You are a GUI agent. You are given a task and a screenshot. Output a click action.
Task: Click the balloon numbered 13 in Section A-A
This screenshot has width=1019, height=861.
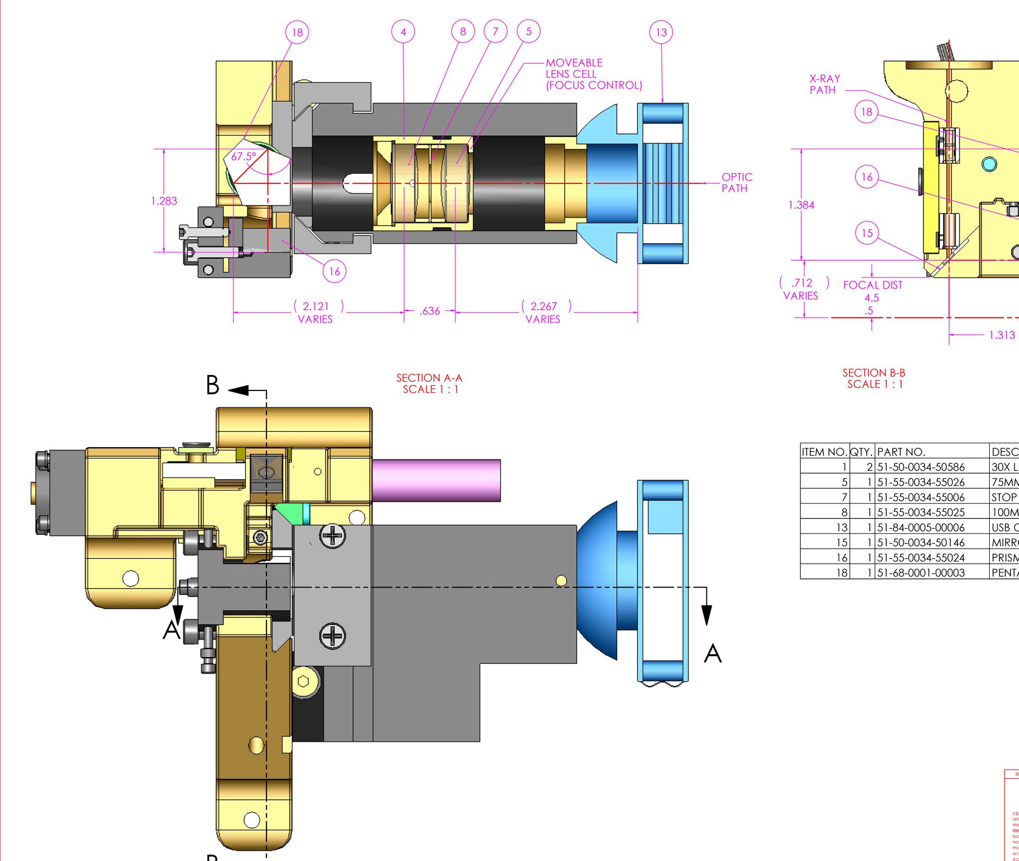point(661,32)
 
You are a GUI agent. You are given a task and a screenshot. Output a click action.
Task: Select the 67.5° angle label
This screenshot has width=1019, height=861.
point(244,157)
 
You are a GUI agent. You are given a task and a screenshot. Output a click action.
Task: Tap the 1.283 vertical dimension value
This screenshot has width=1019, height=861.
point(164,201)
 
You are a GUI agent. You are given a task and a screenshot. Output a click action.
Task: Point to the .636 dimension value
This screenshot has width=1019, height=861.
point(429,311)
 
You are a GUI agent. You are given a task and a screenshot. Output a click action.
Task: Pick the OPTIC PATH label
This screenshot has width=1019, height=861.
point(737,182)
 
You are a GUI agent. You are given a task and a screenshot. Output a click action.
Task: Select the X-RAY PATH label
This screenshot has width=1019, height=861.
point(824,84)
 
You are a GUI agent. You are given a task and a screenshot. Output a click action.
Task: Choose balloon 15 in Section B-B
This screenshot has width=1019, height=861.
point(867,233)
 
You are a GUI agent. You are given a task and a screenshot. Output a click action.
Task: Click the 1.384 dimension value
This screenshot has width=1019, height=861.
point(801,204)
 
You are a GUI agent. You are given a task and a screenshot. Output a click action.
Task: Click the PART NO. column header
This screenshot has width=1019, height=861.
point(901,451)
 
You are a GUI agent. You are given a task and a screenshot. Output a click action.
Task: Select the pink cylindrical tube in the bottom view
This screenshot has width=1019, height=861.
point(436,480)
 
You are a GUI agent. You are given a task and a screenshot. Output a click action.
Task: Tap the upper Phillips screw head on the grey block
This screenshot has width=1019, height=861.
point(333,535)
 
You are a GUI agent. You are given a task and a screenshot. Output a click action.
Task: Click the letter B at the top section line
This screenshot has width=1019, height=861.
point(213,385)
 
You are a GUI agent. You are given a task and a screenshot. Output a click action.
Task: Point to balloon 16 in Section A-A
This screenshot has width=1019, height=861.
point(334,271)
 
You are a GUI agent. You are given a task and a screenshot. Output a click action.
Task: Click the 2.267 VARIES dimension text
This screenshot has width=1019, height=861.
point(543,312)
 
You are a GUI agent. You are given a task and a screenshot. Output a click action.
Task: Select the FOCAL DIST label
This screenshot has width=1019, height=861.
point(873,285)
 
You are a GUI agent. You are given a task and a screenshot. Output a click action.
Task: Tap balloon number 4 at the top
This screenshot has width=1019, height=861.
point(403,32)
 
